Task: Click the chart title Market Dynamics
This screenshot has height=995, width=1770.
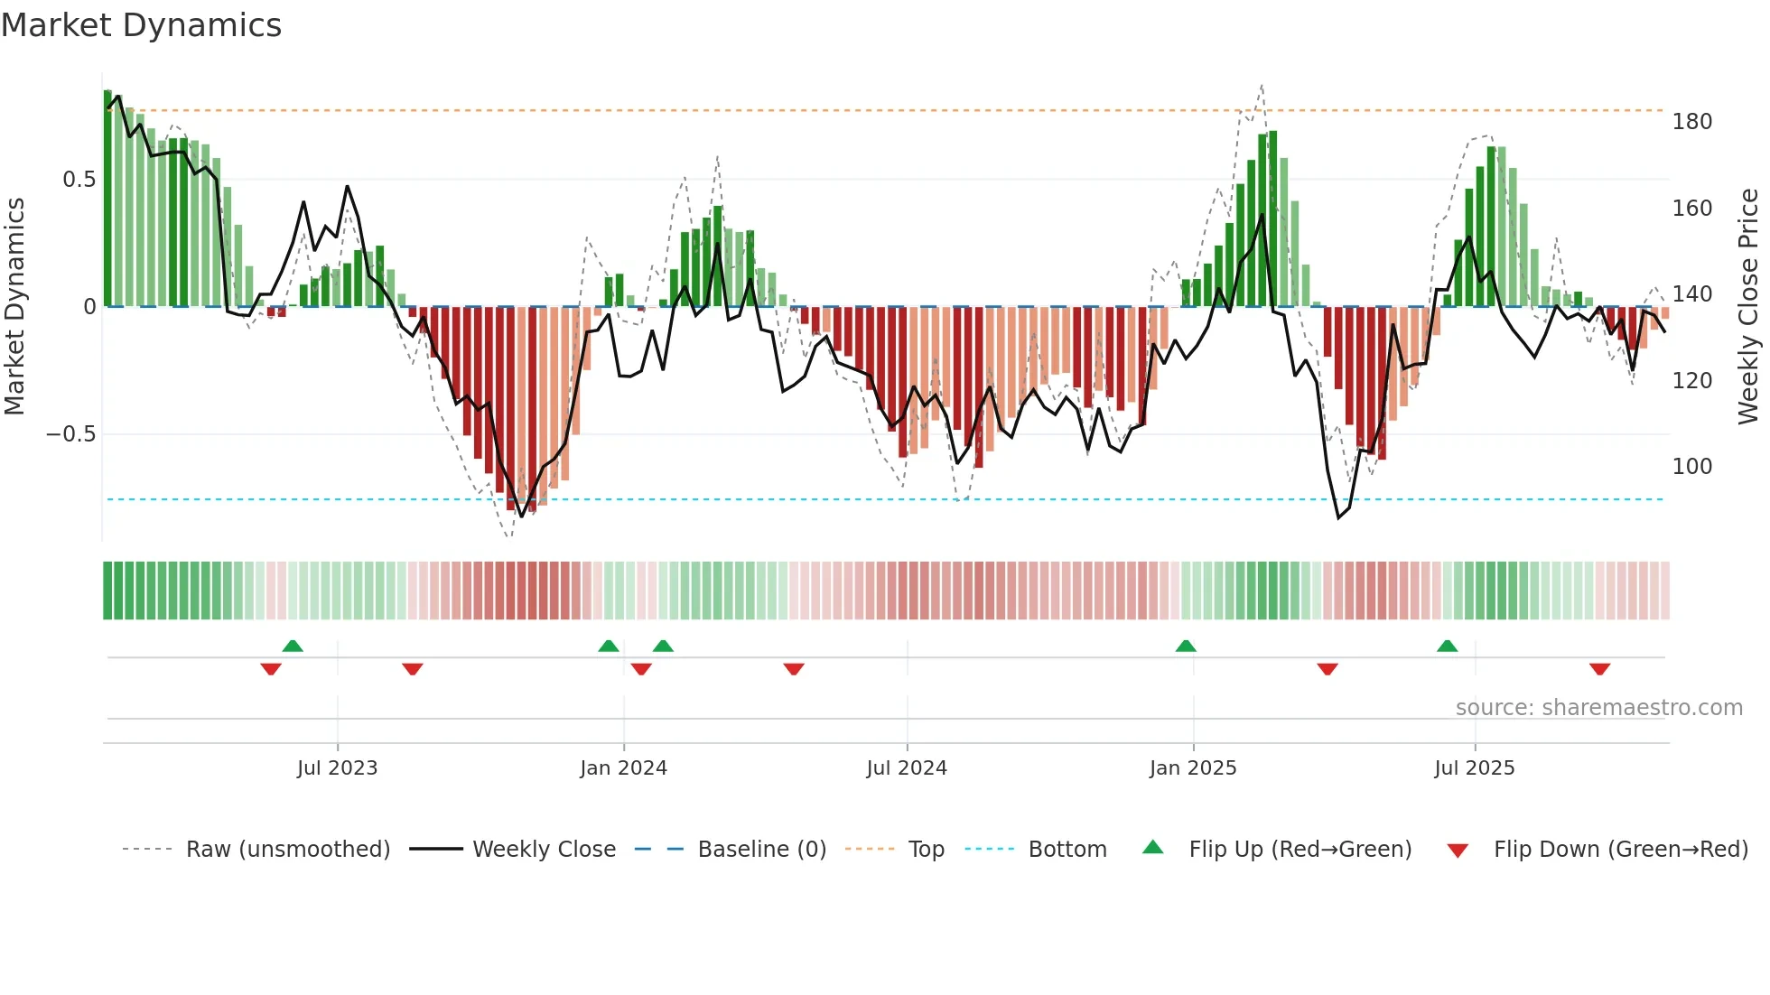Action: pos(141,25)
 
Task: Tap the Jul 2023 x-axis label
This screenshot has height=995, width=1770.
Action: pos(337,768)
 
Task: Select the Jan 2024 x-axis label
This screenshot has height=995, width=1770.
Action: pos(623,768)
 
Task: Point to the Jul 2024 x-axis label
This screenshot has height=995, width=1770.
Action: pos(907,768)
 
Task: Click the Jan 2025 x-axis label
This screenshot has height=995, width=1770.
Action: pos(1193,768)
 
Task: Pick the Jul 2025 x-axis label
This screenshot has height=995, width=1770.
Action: pos(1475,768)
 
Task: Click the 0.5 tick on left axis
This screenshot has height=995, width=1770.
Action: pos(79,180)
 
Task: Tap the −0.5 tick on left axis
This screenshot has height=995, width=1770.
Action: pos(70,434)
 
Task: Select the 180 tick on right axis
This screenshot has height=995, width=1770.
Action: pos(1691,122)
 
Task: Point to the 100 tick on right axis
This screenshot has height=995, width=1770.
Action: pos(1691,467)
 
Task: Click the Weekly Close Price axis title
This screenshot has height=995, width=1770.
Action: pos(1748,307)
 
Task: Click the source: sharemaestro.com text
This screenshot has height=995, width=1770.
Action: pos(1598,708)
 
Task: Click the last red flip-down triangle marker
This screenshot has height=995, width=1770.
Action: pos(1599,669)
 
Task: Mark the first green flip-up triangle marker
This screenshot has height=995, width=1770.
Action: pos(293,646)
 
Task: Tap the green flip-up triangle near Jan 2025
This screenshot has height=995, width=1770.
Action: pos(1186,646)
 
